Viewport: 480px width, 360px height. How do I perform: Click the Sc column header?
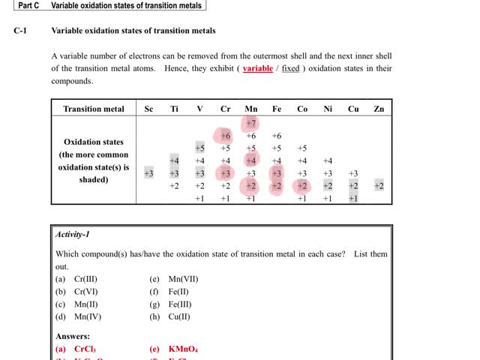[x=148, y=109]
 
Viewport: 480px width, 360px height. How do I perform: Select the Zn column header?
[x=379, y=109]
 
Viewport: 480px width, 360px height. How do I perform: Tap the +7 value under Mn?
[x=251, y=123]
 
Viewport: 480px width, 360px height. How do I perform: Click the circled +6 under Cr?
[x=225, y=136]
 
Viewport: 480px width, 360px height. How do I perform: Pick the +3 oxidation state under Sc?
[x=148, y=173]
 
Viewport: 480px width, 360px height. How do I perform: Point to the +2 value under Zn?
[x=379, y=186]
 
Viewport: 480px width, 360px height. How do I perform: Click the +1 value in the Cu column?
[x=353, y=199]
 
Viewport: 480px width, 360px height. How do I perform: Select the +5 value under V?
[x=199, y=148]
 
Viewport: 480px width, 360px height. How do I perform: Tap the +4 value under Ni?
[x=328, y=160]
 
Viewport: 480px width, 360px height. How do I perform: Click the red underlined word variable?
[x=258, y=68]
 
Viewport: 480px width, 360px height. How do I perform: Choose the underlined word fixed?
[x=290, y=68]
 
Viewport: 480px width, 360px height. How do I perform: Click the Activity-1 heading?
[x=73, y=234]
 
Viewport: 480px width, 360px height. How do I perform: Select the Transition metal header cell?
[x=94, y=109]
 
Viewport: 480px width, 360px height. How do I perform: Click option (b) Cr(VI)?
[x=76, y=292]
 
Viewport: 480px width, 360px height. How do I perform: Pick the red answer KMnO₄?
[x=183, y=349]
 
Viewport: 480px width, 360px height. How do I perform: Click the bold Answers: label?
[x=73, y=337]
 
